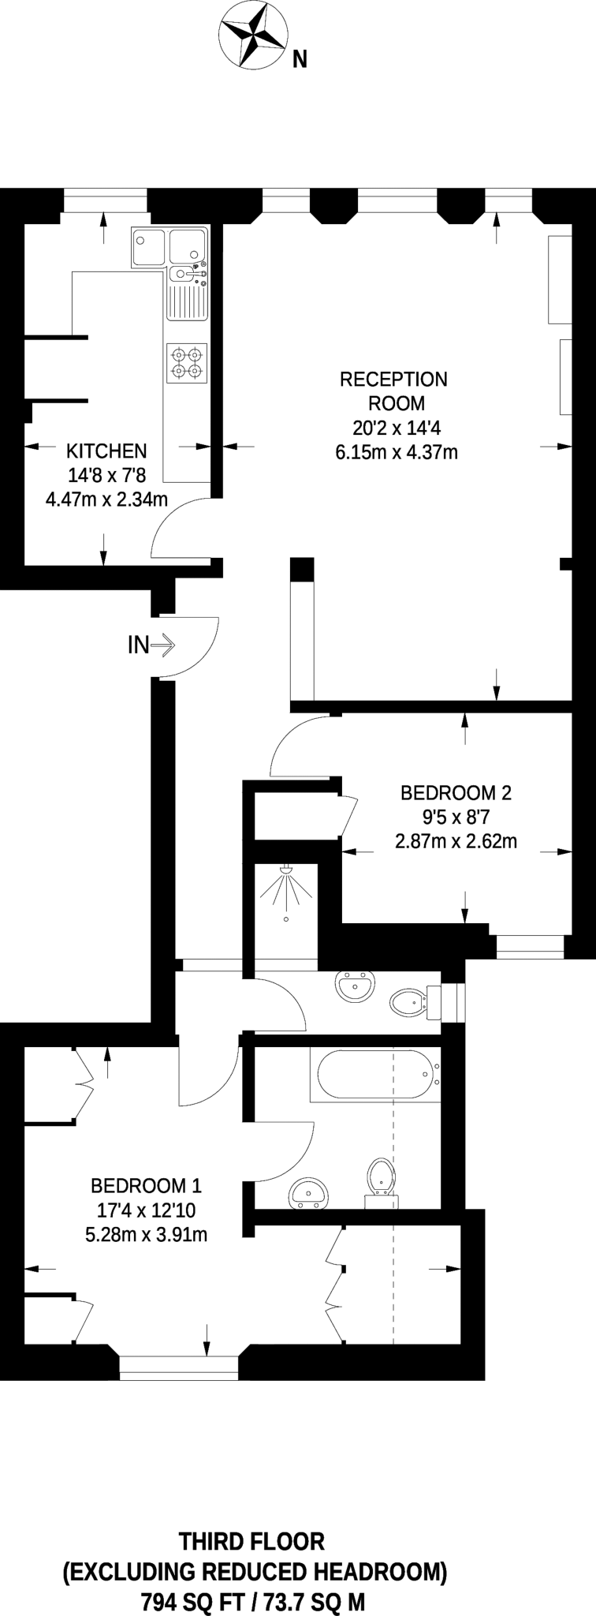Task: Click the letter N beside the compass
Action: pyautogui.click(x=300, y=59)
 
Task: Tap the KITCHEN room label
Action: pyautogui.click(x=106, y=451)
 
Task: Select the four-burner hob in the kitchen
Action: pyautogui.click(x=188, y=363)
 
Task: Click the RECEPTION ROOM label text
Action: pyautogui.click(x=393, y=391)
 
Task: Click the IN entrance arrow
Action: pyautogui.click(x=162, y=645)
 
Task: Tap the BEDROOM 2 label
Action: pyautogui.click(x=456, y=792)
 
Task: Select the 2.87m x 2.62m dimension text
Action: pyautogui.click(x=456, y=841)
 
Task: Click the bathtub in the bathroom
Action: pyautogui.click(x=377, y=1074)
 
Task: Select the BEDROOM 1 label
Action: pyautogui.click(x=146, y=1185)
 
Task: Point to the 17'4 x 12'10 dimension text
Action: pyautogui.click(x=146, y=1210)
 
